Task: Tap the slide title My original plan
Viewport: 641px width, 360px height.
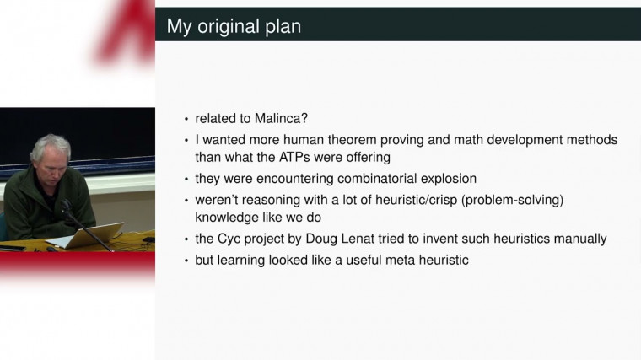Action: tap(234, 26)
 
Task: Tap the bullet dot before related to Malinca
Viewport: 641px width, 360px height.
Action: tap(186, 120)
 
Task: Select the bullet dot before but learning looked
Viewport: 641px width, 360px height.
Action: tap(186, 261)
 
